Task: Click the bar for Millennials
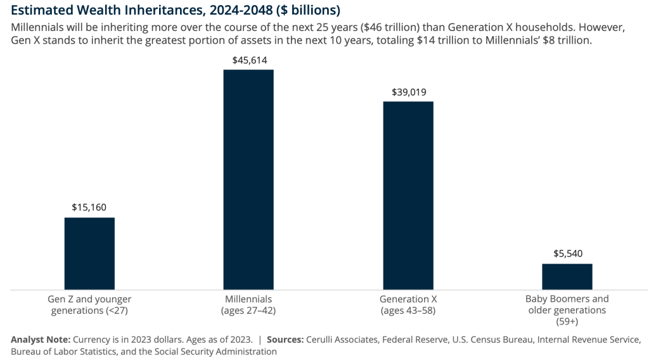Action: click(x=248, y=179)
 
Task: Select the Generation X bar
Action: click(x=408, y=195)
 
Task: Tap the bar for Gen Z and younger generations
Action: click(x=89, y=254)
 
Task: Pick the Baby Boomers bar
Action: click(x=567, y=276)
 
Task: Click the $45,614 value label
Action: click(x=248, y=60)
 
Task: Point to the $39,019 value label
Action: click(x=408, y=91)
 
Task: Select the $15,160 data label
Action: click(x=89, y=207)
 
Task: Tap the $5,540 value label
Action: click(x=567, y=254)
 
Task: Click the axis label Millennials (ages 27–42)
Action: click(x=248, y=305)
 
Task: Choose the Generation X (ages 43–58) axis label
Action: click(x=408, y=305)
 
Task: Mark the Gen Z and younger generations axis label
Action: click(x=89, y=305)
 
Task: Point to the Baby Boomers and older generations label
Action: click(x=567, y=310)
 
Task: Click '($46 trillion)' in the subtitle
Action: click(x=376, y=29)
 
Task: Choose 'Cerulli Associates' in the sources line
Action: click(x=345, y=339)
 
